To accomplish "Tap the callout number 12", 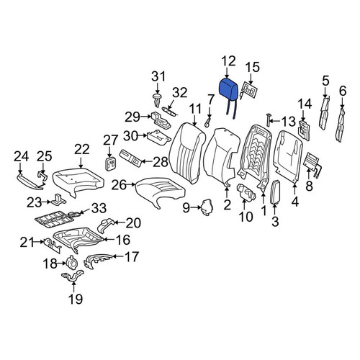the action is point(228,61).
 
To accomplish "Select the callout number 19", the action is point(76,299).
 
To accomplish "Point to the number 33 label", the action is point(99,208).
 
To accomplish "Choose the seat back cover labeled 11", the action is point(188,153).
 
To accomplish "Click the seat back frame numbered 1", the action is point(256,156).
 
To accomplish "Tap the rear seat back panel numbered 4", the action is point(288,156).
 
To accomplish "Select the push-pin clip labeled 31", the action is point(157,99).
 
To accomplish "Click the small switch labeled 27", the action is point(110,164).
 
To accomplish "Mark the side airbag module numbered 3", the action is point(275,192).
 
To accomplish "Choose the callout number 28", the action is point(161,162).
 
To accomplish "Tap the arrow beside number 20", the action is point(120,222).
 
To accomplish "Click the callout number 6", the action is point(343,91).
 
